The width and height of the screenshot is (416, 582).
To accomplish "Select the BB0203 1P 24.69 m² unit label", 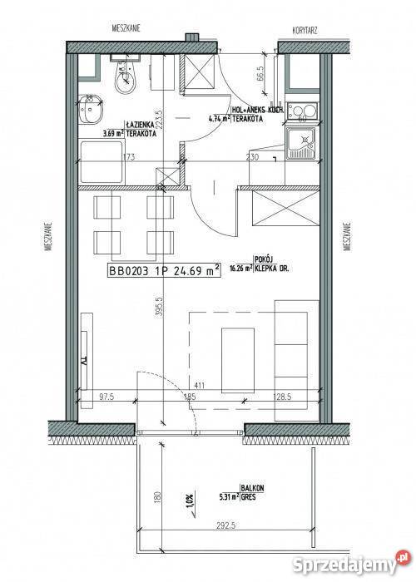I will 164,269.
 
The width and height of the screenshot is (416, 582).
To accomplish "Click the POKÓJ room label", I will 265,258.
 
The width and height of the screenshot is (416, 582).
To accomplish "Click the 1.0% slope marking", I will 189,502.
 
